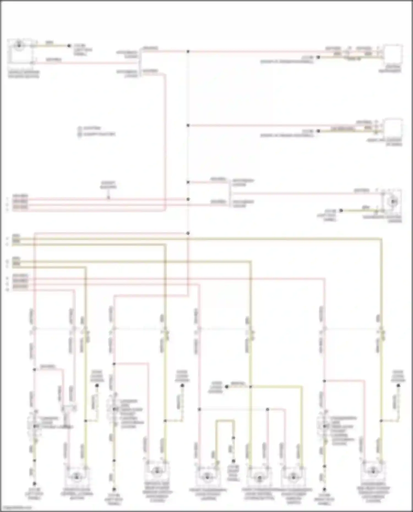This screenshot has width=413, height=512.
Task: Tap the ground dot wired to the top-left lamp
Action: point(69,46)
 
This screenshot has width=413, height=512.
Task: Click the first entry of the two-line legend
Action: point(89,128)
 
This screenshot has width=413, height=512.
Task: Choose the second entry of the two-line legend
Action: point(96,134)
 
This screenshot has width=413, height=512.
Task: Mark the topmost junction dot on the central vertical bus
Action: point(188,51)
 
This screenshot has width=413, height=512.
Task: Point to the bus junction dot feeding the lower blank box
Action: point(188,125)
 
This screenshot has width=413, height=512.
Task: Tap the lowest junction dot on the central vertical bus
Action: point(188,233)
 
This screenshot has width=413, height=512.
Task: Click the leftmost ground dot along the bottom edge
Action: point(35,483)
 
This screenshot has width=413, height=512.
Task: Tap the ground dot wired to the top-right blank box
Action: point(318,57)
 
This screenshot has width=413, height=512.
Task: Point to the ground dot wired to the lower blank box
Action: point(318,131)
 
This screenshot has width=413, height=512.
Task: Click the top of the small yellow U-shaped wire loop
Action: point(225,421)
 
